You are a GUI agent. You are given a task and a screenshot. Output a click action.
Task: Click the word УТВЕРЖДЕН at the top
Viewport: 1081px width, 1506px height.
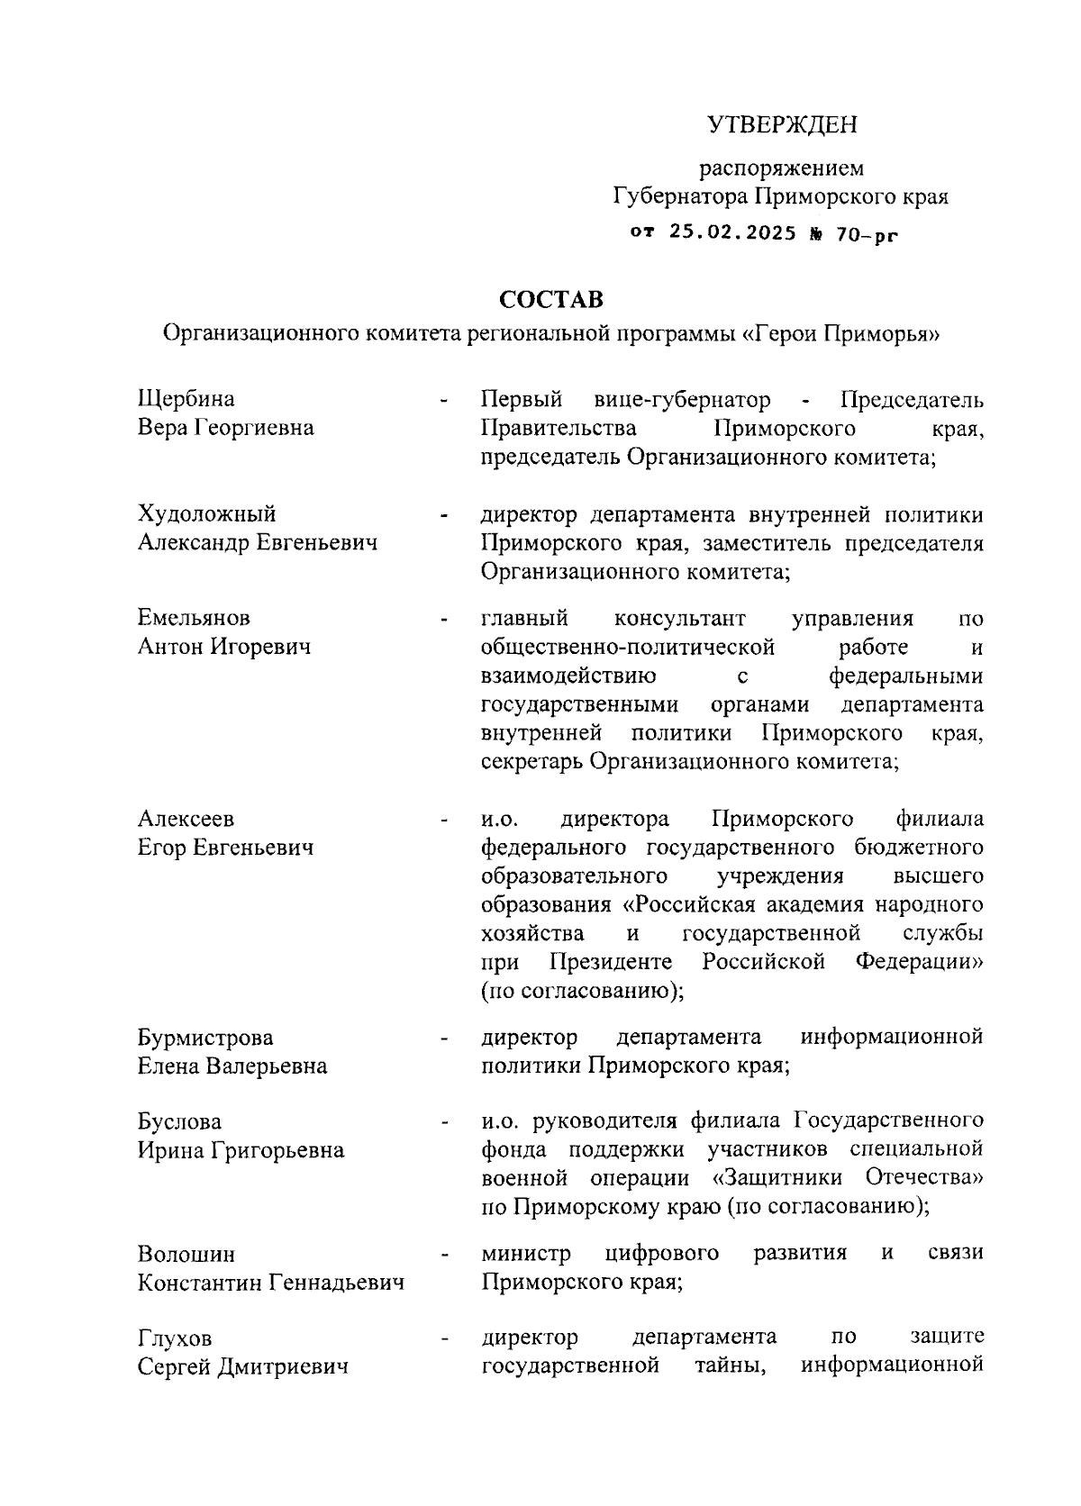(x=781, y=125)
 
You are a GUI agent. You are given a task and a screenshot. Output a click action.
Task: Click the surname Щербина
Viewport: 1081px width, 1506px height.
(x=186, y=399)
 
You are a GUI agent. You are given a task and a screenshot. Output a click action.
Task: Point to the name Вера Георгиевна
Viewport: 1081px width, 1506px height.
(x=225, y=428)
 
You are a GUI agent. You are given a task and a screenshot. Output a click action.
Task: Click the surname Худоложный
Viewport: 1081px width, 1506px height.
(x=206, y=514)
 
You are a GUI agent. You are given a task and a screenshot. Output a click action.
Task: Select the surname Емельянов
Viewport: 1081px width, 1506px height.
(x=194, y=618)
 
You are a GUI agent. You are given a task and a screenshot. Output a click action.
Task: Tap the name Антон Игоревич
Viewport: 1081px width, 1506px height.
(x=223, y=647)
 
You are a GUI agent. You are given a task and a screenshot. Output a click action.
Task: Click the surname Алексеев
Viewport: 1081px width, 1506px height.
(x=186, y=819)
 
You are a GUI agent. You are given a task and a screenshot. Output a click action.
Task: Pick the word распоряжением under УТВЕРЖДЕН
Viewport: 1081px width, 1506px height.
(x=781, y=168)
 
